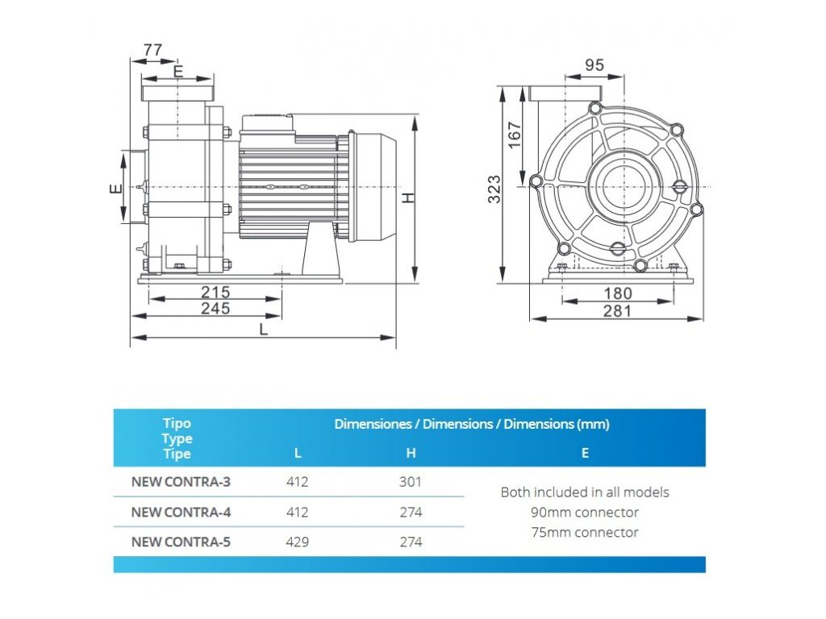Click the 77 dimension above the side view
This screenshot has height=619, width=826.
152,50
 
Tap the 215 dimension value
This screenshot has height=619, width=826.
215,292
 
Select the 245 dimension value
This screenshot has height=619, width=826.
215,308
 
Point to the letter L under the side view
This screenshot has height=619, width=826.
263,329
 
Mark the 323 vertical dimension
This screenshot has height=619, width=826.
495,188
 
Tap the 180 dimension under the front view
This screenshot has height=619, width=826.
618,294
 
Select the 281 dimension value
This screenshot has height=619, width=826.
618,311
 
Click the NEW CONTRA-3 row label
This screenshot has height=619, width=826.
181,483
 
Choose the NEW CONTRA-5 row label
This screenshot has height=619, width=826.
181,542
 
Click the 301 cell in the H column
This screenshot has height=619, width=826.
411,483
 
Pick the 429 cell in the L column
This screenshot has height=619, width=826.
298,542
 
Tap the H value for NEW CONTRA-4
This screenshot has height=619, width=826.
411,513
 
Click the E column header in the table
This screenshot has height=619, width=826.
585,454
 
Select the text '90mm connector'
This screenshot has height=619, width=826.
585,513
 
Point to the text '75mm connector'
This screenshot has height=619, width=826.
585,533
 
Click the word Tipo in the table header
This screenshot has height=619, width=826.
177,423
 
